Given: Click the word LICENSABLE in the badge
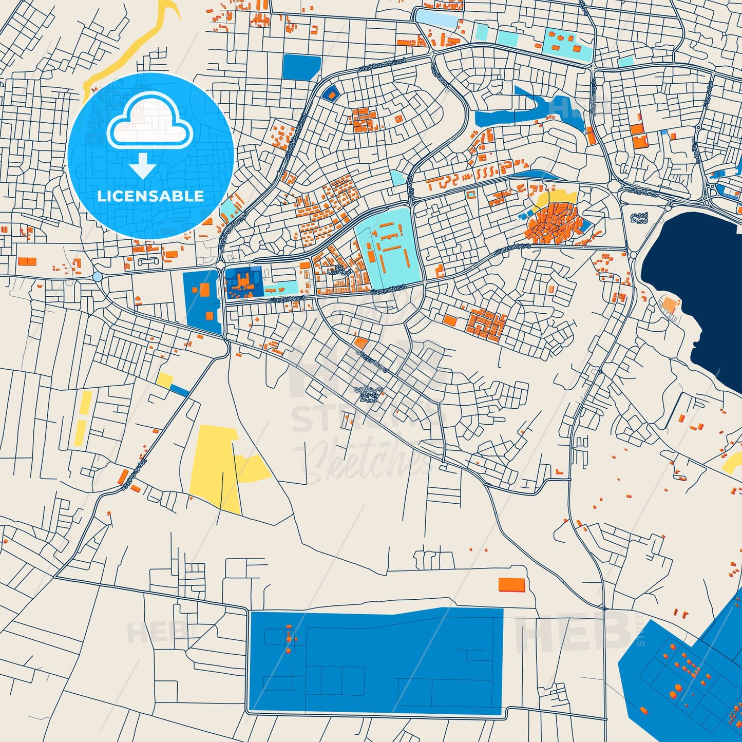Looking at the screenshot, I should coord(150,196).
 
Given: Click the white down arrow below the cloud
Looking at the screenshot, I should coord(143,166).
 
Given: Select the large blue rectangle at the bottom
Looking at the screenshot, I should coord(375,662).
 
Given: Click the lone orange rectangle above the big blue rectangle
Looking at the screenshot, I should coord(511,584).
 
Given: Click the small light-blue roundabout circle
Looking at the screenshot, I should coord(98,277).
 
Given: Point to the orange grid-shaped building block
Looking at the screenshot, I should coord(485,324).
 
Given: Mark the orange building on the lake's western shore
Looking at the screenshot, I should coord(670,305).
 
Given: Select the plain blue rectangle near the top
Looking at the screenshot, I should coord(301,67).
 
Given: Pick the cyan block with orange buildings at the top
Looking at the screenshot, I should coord(565,44).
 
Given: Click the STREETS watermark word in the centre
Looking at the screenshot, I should coord(367,418).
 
